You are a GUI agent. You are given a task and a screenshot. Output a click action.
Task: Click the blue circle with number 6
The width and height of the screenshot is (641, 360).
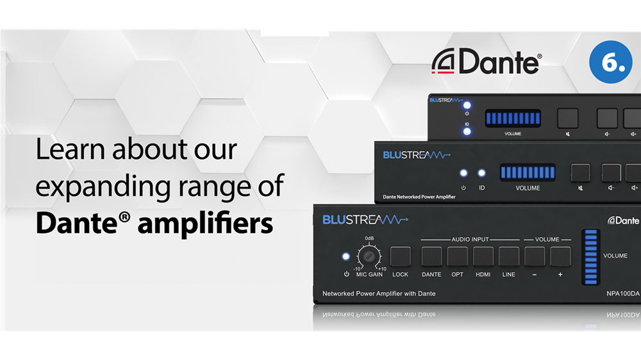tap(611, 61)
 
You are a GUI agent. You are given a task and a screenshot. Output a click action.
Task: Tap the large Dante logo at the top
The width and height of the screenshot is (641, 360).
tap(487, 61)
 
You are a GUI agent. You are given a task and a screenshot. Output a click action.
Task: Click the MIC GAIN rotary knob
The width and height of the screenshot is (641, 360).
tap(369, 256)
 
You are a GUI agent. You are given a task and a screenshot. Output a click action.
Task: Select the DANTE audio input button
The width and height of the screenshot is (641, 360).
tap(431, 256)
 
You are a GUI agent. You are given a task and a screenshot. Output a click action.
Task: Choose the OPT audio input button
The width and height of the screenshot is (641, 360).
tap(458, 256)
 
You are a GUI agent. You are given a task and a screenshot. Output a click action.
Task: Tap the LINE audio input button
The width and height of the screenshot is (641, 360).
tap(509, 256)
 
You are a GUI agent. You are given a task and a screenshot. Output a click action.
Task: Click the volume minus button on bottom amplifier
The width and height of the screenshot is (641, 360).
tap(535, 256)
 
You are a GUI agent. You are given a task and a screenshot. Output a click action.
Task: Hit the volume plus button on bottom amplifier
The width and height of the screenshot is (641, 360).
tap(560, 256)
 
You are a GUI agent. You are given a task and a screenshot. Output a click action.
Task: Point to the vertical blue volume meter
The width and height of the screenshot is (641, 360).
tap(591, 257)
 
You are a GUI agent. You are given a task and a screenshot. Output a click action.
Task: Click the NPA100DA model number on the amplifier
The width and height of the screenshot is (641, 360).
tap(623, 293)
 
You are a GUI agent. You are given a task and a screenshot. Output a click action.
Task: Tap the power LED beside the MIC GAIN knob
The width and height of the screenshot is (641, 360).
tap(346, 257)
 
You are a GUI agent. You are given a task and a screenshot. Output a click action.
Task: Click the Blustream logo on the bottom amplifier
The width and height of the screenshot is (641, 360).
tap(365, 220)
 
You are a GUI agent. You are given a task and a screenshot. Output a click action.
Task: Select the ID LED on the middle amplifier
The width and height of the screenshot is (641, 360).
tap(481, 173)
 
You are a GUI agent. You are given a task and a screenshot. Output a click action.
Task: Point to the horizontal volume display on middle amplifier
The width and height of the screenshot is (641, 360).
tap(528, 172)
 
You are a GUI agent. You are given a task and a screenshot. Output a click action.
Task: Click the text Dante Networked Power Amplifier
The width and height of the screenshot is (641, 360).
tap(419, 197)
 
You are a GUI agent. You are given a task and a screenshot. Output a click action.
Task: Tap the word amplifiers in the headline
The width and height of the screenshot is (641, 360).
tap(205, 224)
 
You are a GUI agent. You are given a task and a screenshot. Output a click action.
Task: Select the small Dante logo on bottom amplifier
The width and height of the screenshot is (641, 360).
tap(623, 220)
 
